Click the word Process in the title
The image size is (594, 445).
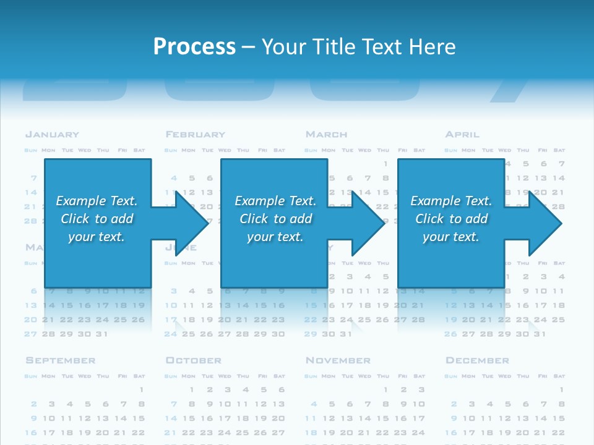(194, 46)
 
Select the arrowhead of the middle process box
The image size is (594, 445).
(367, 223)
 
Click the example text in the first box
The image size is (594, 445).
(97, 219)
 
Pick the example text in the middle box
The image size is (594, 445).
(275, 219)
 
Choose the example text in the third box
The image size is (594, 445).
(451, 219)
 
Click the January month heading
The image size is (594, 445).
(52, 134)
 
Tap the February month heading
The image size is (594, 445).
(196, 134)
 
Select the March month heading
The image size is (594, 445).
(327, 134)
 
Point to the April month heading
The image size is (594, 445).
(462, 134)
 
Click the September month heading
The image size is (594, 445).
(61, 360)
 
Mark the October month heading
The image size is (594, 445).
(193, 360)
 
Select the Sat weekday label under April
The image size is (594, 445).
(559, 150)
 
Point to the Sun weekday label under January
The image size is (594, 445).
(31, 150)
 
